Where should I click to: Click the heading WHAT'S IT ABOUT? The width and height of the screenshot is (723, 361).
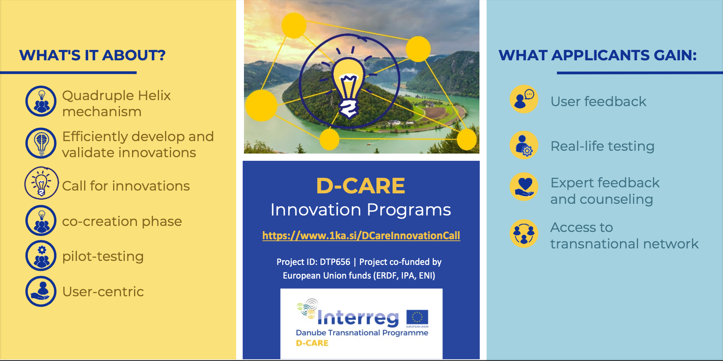pos(92,55)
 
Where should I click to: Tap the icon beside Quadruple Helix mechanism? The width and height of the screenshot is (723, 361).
pos(41,101)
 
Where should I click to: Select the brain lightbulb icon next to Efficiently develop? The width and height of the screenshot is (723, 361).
pos(41,143)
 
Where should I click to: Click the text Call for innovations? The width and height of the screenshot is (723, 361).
pos(126,186)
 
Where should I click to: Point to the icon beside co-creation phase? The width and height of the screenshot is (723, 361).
pos(41,221)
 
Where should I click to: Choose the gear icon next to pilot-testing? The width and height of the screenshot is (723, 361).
pos(41,256)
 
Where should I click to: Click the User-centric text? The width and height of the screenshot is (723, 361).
pos(103,291)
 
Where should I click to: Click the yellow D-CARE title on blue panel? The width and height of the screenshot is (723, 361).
pos(361,186)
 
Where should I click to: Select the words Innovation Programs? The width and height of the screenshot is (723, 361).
pos(361,210)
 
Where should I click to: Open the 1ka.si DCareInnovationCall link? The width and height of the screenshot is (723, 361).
pos(361,236)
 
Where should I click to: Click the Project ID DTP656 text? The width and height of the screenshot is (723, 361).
pos(313,262)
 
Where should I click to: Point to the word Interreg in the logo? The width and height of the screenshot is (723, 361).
pos(358,318)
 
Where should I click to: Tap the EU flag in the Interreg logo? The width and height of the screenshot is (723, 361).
pos(417,317)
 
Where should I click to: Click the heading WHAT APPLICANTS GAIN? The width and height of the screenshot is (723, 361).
pos(598,55)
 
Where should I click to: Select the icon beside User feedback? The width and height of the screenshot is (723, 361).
pos(524,99)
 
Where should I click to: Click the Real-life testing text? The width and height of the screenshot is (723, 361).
pos(602,146)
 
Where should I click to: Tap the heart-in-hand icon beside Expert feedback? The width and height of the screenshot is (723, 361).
pos(524,187)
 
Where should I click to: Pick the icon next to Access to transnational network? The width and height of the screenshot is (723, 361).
pos(524,234)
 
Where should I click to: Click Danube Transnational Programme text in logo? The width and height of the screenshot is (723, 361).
pos(362,333)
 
